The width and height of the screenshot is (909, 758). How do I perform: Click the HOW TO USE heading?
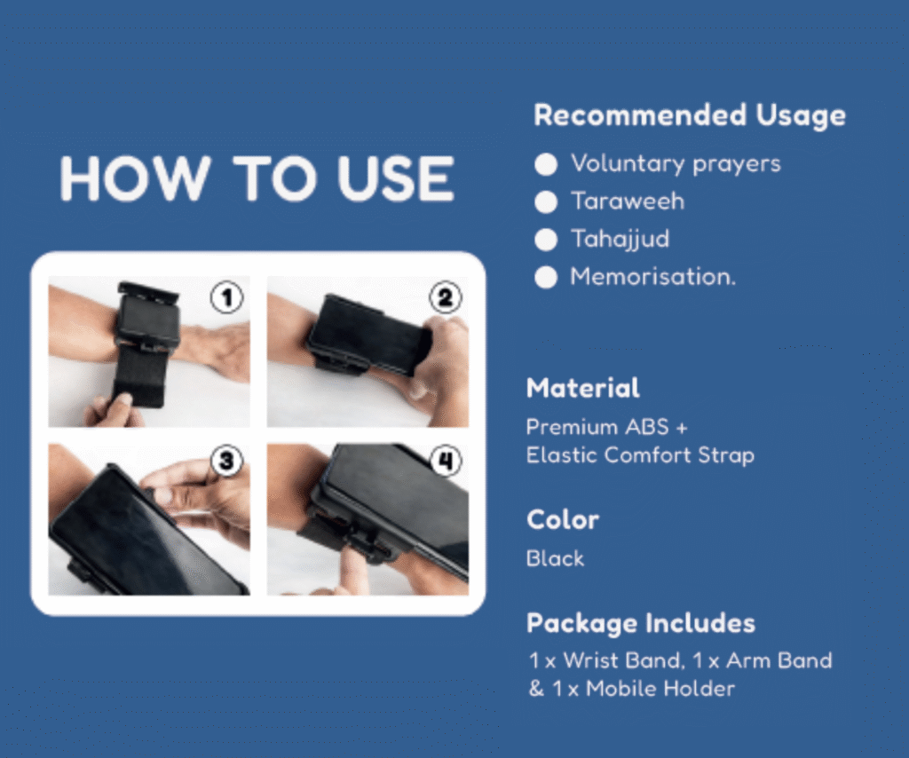257,178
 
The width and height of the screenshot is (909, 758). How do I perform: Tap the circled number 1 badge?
226,298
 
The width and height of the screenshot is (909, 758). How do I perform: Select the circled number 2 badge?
446,298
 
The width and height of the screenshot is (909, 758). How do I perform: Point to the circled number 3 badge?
226,462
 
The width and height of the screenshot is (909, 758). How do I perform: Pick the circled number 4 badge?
446,462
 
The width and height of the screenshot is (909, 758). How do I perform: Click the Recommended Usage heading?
689,115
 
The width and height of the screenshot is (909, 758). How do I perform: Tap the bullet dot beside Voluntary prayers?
546,164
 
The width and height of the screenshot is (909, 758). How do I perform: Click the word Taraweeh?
628,201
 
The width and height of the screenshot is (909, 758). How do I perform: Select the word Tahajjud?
620,240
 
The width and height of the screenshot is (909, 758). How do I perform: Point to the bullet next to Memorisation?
546,277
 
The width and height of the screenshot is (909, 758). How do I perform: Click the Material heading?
583,388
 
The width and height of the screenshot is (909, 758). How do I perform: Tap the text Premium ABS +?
607,427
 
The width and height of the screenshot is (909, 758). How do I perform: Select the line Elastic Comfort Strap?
641,455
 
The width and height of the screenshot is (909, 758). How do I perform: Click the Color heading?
562,520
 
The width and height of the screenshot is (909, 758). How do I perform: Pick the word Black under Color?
555,558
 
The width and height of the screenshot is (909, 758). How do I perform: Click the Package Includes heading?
641,624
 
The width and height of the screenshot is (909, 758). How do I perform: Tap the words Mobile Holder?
660,689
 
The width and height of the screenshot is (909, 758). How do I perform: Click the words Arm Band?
779,660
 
